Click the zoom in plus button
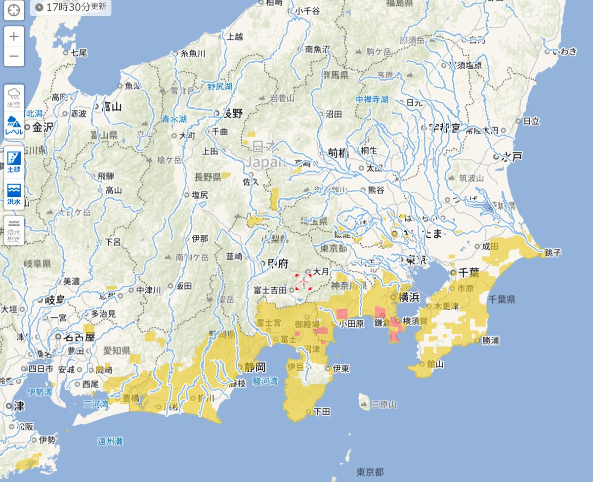pos(14,36)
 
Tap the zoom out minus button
pos(14,55)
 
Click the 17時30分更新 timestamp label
pos(71,8)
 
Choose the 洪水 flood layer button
pos(14,194)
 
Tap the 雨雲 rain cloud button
pos(14,98)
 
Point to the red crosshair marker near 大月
pos(303,282)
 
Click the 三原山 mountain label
pos(384,404)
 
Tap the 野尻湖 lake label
pos(219,87)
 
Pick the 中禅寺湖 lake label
pos(372,99)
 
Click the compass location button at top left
pos(14,10)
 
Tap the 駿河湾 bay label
pos(265,381)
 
